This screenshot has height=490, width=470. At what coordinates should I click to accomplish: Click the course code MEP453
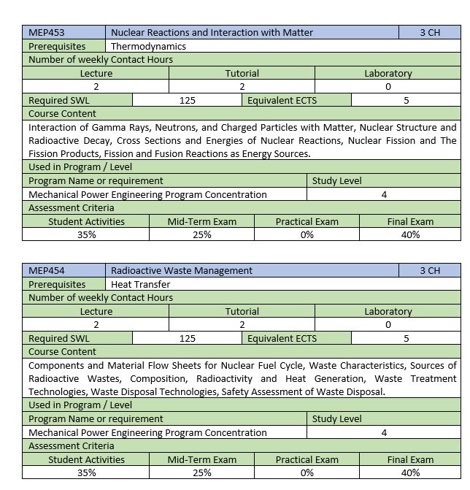[x=45, y=32]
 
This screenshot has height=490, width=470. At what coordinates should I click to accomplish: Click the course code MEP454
[x=45, y=270]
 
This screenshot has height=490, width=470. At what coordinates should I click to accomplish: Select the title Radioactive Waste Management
[x=182, y=270]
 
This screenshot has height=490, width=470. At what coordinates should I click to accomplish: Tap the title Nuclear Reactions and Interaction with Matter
[x=212, y=32]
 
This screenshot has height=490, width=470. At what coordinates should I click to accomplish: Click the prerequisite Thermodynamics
[x=148, y=46]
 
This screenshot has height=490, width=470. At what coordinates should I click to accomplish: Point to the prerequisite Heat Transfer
[x=141, y=284]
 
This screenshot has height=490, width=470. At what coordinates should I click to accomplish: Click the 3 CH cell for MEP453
[x=430, y=32]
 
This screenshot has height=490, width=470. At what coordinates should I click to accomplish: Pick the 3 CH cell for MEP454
[x=430, y=270]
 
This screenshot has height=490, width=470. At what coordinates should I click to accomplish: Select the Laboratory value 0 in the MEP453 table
[x=388, y=87]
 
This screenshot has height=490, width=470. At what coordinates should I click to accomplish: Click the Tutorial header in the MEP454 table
[x=242, y=311]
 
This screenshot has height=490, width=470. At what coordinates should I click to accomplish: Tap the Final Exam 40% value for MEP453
[x=410, y=234]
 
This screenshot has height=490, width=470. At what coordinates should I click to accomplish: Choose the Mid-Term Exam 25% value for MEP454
[x=202, y=472]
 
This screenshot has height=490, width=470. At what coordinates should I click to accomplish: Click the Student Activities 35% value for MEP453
[x=86, y=234]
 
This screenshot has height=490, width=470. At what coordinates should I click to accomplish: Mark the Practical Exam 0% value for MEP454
[x=307, y=472]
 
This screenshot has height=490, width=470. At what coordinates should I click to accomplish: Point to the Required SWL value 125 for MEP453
[x=187, y=100]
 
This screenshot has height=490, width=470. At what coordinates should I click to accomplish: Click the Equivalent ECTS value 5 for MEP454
[x=406, y=338]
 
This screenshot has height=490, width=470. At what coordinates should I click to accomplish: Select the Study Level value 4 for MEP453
[x=384, y=194]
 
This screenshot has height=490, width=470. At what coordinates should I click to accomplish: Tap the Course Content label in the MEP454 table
[x=62, y=351]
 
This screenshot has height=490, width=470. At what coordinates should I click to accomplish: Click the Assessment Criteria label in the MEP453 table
[x=71, y=207]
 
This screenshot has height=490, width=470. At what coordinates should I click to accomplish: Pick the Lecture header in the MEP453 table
[x=96, y=73]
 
